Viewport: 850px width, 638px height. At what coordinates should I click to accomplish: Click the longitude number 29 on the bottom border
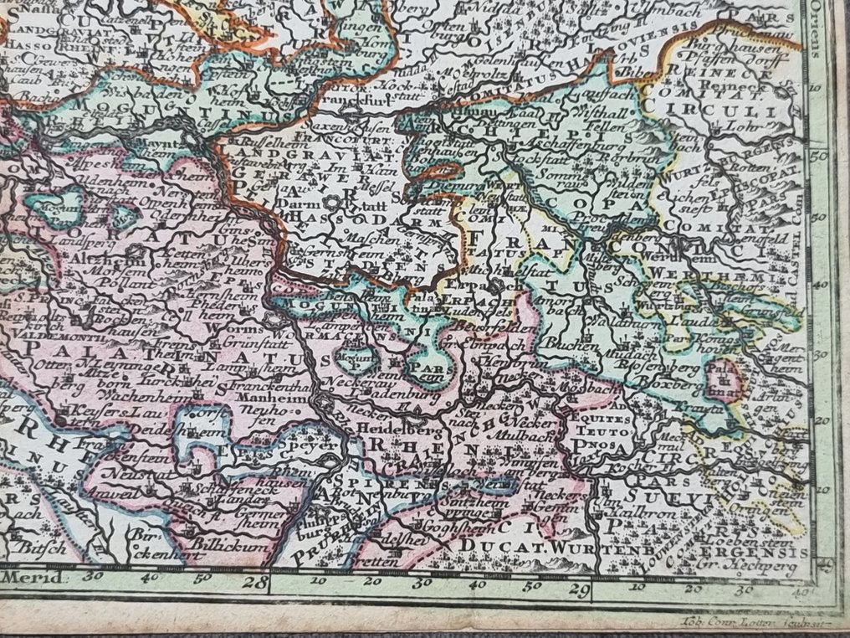coord(574,589)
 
